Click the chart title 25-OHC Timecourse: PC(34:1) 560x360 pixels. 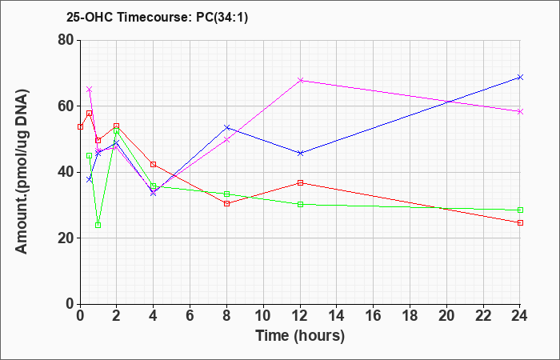pos(157,17)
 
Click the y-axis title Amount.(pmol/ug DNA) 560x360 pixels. pos(22,172)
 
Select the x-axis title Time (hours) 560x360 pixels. pos(300,336)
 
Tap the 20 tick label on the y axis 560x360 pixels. pos(66,238)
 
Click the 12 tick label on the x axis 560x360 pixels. pos(300,316)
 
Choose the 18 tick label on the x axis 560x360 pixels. pos(410,316)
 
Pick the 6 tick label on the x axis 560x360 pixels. pos(190,316)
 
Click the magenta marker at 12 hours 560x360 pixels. pos(300,80)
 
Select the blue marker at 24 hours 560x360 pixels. pos(520,77)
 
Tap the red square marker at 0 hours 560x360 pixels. pos(80,126)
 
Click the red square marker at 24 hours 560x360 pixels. pos(520,223)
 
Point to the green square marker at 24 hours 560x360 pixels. pos(520,210)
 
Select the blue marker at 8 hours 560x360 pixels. pos(226,127)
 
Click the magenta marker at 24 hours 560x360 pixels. pos(520,112)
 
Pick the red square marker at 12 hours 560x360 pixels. pos(300,183)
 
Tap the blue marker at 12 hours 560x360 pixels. pos(300,154)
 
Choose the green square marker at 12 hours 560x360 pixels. pos(300,204)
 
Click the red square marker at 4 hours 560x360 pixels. pos(154,164)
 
